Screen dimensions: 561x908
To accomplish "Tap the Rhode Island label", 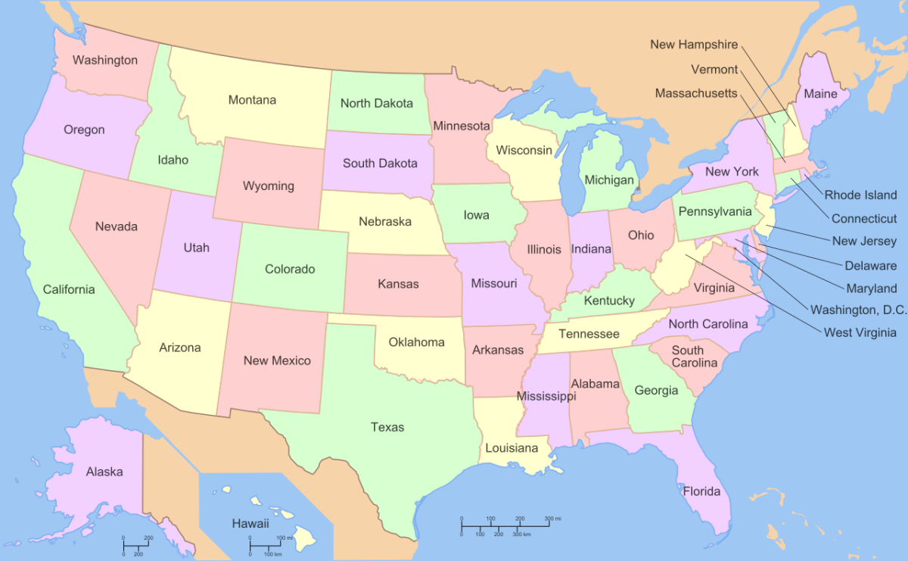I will (860, 195).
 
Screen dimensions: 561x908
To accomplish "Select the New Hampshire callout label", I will (693, 45).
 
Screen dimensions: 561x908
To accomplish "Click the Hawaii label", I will (250, 523).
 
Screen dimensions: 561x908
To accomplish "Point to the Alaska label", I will (104, 472).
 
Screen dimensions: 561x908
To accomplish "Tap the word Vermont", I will (714, 70).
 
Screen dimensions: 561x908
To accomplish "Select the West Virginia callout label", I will (860, 332).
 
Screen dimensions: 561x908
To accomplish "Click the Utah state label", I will (196, 248).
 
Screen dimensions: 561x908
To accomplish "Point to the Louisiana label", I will (511, 447).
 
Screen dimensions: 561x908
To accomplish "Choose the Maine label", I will (820, 94).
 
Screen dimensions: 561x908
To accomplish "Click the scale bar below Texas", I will (505, 524).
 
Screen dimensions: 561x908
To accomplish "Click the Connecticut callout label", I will (863, 219).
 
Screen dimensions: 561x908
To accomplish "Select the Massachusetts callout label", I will (695, 93).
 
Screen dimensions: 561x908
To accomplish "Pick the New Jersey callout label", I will (864, 242).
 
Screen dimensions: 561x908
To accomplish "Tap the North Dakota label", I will (376, 103).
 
